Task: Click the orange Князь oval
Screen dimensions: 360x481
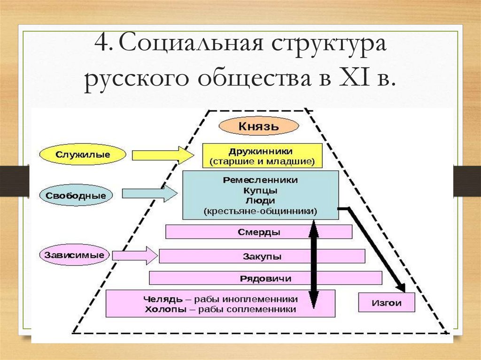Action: pos(258,127)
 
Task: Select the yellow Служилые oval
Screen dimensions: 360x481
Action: pos(83,154)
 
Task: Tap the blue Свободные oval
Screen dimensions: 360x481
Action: pos(76,195)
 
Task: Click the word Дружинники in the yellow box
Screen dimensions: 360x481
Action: pos(261,152)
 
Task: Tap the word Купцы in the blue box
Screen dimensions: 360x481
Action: pos(260,191)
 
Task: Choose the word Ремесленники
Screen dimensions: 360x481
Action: pos(261,180)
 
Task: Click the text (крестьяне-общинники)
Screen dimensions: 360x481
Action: pos(261,211)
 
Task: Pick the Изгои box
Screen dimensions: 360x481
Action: pos(387,303)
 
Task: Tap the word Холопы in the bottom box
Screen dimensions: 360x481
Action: pos(162,309)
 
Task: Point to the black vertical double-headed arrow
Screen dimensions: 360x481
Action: pos(313,263)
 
